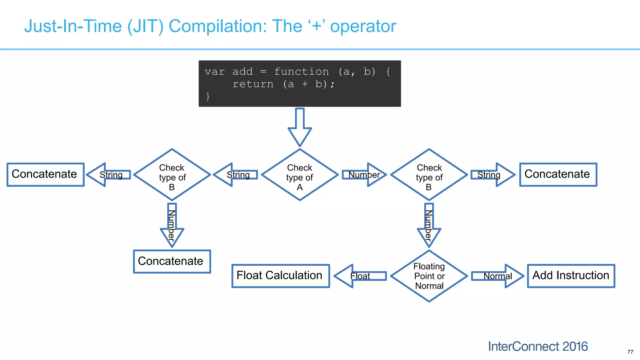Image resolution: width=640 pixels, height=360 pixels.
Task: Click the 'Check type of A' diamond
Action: pos(300,175)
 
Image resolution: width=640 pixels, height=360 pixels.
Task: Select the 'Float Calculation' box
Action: pos(280,276)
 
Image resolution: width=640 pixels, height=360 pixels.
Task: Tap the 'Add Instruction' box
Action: pos(571,276)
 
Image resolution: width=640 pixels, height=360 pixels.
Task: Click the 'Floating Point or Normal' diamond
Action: pos(429,276)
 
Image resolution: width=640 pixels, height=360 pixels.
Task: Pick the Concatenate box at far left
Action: pos(46,175)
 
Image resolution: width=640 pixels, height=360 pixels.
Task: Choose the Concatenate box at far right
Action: pos(558,175)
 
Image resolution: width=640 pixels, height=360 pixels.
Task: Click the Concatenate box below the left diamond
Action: pos(172,261)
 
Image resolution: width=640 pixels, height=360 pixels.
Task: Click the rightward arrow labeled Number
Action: pos(364,175)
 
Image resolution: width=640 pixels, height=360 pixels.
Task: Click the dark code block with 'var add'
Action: pos(300,83)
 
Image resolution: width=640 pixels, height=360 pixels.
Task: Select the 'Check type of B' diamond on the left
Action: pos(172,175)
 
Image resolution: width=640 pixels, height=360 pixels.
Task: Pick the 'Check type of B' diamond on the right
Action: pos(429,175)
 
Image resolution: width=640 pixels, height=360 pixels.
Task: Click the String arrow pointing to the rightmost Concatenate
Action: pos(492,175)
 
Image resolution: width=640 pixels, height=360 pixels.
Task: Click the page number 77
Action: pos(630,352)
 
